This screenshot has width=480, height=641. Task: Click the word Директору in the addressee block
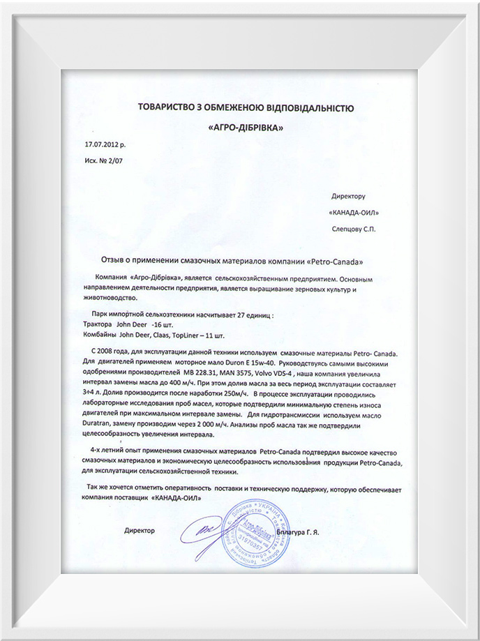(358, 197)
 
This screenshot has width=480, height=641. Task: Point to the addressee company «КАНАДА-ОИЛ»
(357, 212)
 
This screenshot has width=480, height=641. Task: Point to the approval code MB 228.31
(200, 372)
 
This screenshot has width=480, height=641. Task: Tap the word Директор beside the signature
(139, 531)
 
